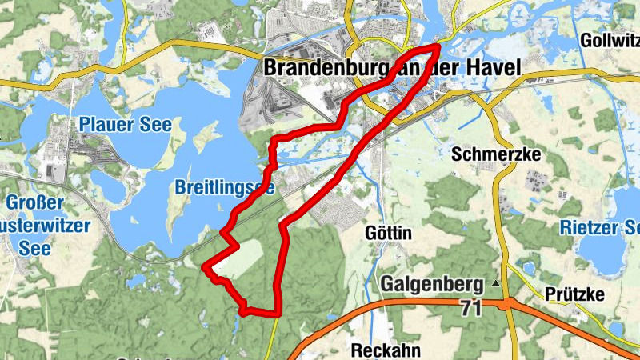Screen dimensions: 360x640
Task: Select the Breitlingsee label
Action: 225,188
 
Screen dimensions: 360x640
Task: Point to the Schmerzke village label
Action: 497,153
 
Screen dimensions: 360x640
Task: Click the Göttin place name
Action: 387,234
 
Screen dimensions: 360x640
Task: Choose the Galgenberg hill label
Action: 432,284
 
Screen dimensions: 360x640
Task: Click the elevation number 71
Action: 472,306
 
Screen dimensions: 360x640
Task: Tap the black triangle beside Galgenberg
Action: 496,283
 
